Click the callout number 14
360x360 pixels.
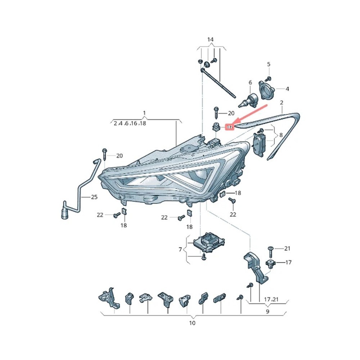210,39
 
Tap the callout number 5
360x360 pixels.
268,64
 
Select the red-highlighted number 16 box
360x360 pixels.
229,127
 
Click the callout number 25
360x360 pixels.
94,197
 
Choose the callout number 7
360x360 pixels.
180,249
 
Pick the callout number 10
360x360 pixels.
192,323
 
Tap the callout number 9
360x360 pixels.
267,312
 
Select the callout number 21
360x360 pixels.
287,248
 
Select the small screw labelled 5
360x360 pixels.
267,78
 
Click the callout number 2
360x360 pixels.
282,103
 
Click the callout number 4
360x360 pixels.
287,89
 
